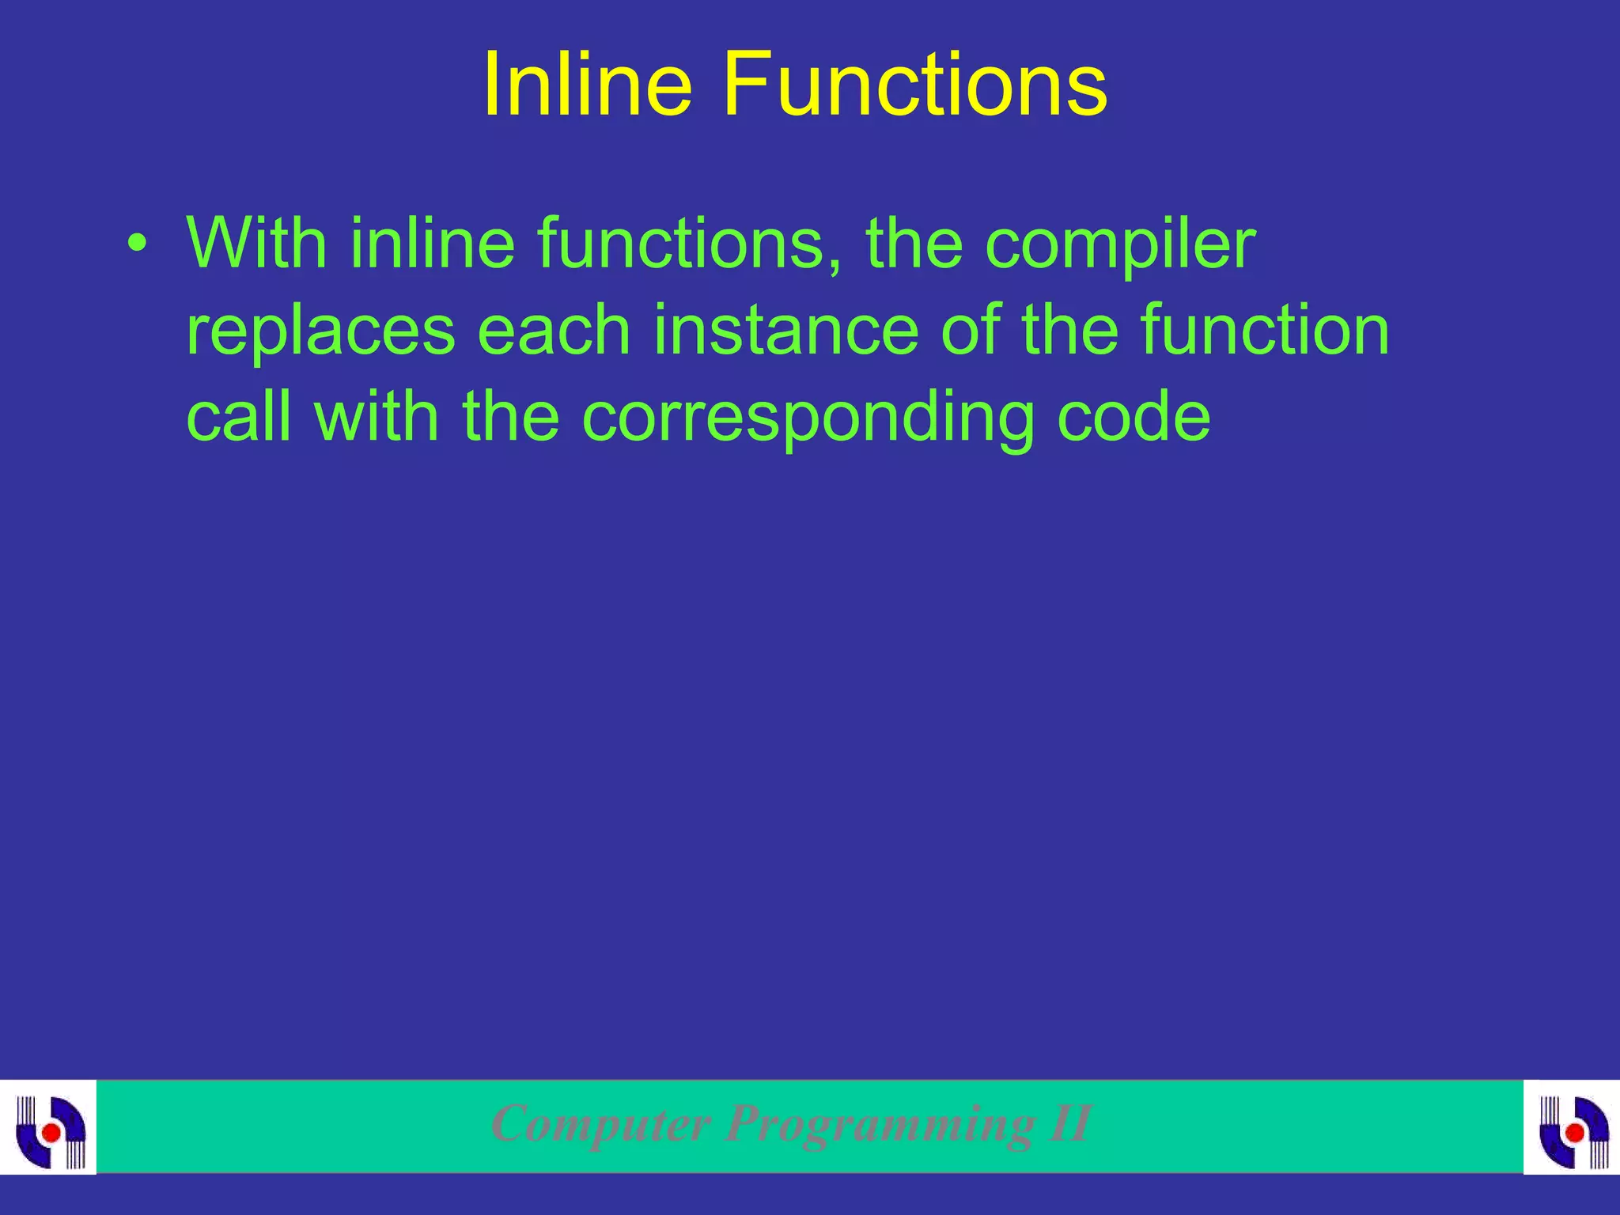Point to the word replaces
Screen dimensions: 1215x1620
point(320,332)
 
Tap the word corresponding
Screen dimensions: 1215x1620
point(808,419)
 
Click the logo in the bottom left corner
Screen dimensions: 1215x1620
point(49,1126)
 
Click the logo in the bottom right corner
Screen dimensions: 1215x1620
point(1572,1126)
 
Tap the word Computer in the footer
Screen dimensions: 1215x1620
point(600,1124)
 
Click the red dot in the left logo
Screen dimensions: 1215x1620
point(51,1133)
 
